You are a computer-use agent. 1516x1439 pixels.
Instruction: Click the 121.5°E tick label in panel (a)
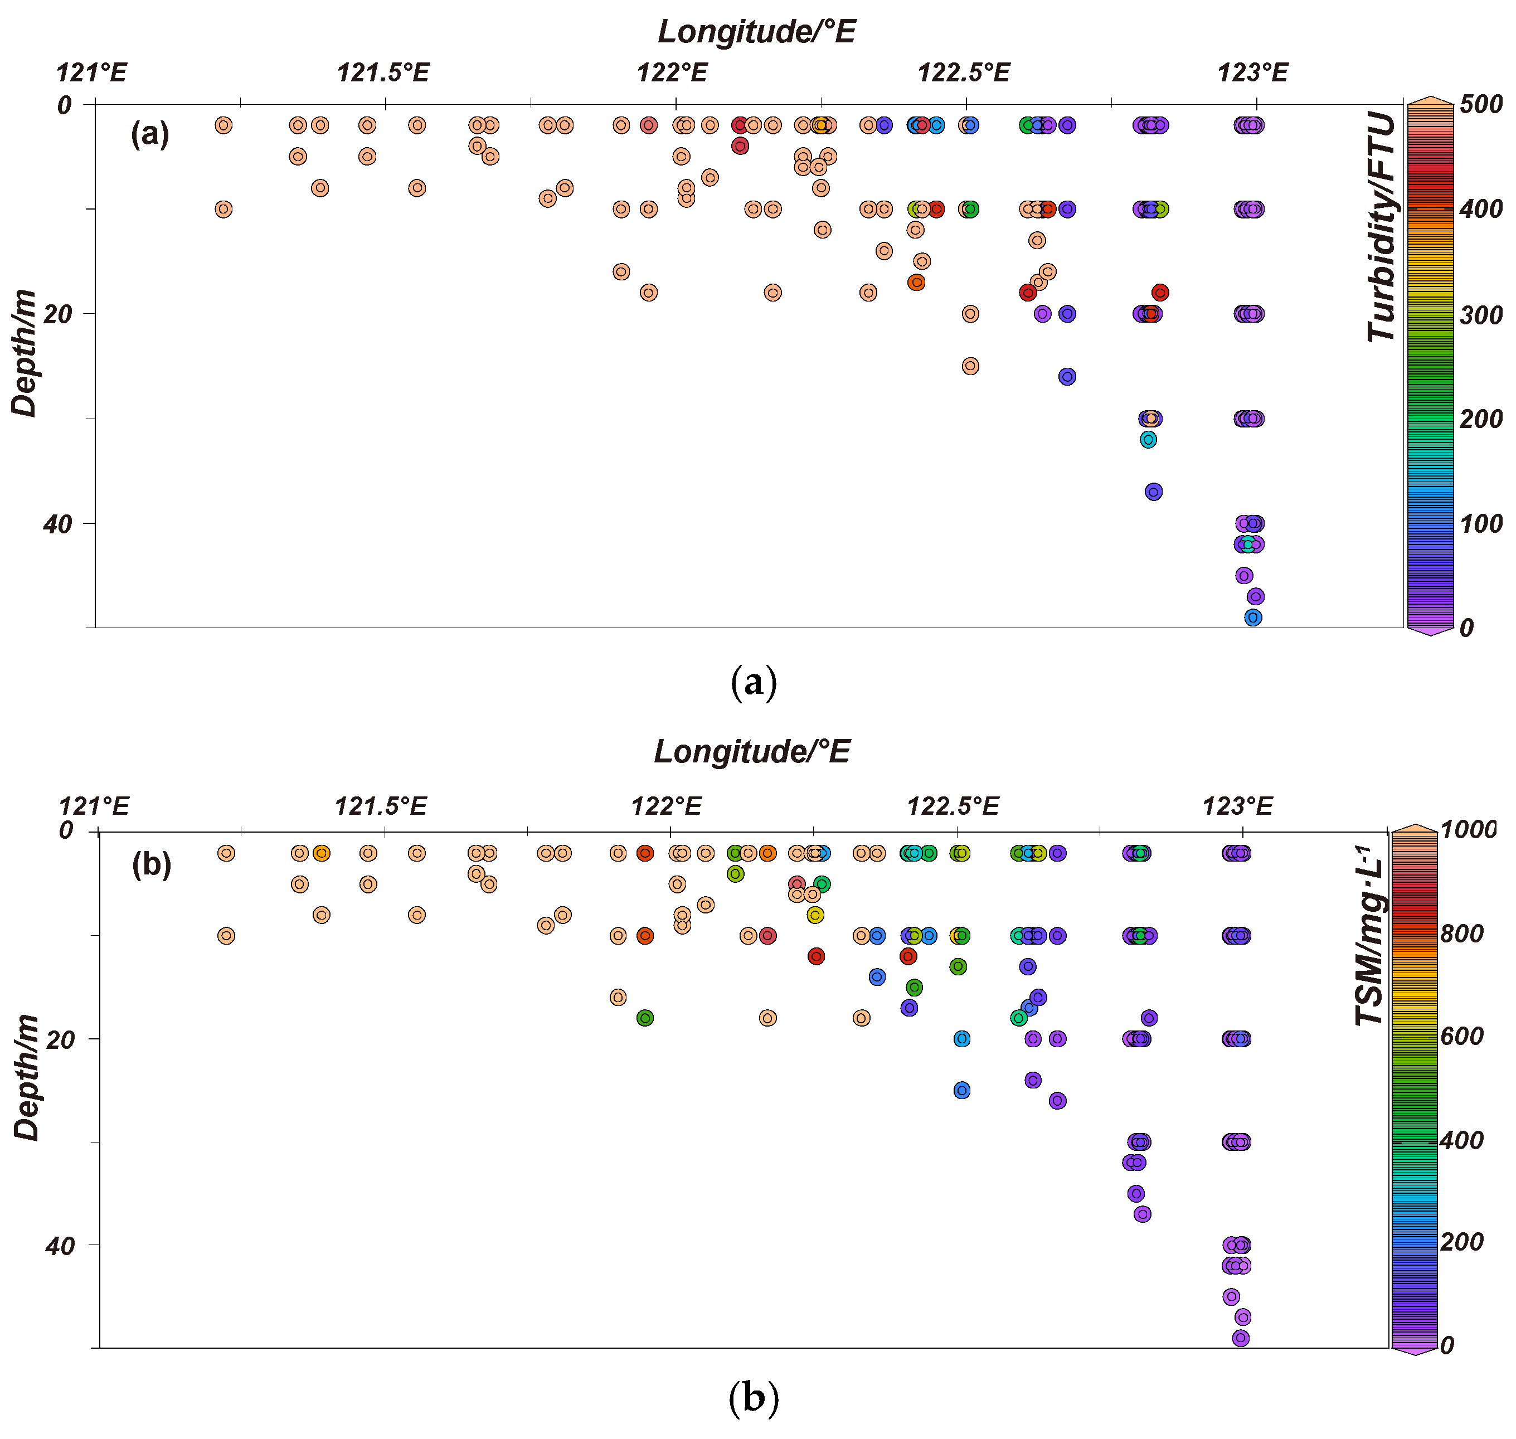(x=383, y=73)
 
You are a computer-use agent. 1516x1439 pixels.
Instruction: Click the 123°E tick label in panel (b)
(x=1237, y=806)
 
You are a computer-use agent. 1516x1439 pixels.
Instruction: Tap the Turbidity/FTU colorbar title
(x=1381, y=226)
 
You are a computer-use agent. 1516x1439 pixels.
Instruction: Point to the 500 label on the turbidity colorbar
(x=1481, y=104)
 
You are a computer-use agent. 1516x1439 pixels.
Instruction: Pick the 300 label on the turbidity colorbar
(x=1481, y=314)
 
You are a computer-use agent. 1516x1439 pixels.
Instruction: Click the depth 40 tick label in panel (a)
(x=57, y=524)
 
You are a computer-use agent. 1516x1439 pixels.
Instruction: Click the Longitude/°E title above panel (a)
(x=756, y=31)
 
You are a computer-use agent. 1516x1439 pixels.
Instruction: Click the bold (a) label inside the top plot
(x=149, y=134)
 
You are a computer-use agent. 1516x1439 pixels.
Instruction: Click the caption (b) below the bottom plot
(x=752, y=1398)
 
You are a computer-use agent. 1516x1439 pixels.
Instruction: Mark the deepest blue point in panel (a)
(x=1252, y=618)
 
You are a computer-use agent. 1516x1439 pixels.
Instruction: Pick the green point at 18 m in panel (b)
(x=644, y=1018)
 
